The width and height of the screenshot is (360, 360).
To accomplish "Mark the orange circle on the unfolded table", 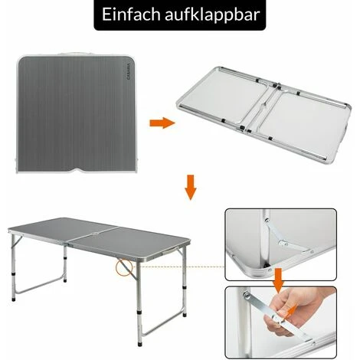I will pos(122,267).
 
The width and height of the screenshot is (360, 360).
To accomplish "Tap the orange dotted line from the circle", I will pos(176,267).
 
